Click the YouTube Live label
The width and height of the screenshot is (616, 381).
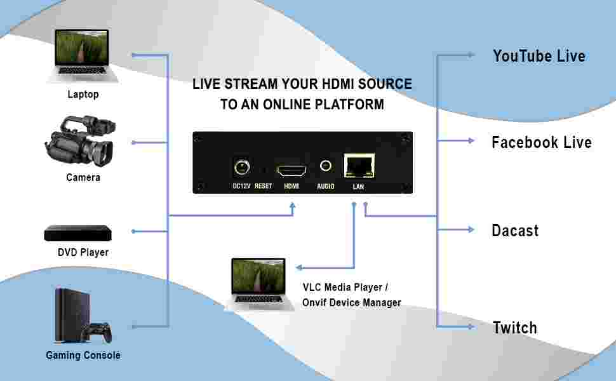tap(539, 56)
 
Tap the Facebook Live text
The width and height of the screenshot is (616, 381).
tap(541, 142)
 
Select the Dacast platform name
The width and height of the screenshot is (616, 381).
tap(515, 231)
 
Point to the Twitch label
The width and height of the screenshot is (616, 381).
tap(514, 328)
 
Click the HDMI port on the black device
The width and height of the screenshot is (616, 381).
tap(291, 170)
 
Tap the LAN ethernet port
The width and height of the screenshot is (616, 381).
tap(359, 166)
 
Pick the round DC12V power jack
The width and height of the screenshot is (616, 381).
tap(241, 168)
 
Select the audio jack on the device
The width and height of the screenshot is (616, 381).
tap(326, 166)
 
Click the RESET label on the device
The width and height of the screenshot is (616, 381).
tap(263, 186)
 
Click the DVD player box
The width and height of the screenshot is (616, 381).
tap(77, 233)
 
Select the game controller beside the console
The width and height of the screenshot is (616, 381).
tap(98, 332)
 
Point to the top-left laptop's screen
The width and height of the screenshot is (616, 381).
tap(82, 48)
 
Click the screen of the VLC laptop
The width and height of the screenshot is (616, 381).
tap(258, 276)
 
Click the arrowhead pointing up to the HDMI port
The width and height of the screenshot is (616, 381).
tap(292, 206)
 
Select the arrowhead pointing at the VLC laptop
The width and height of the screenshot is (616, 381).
tap(299, 267)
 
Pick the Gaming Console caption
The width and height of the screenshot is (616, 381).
tap(83, 355)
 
